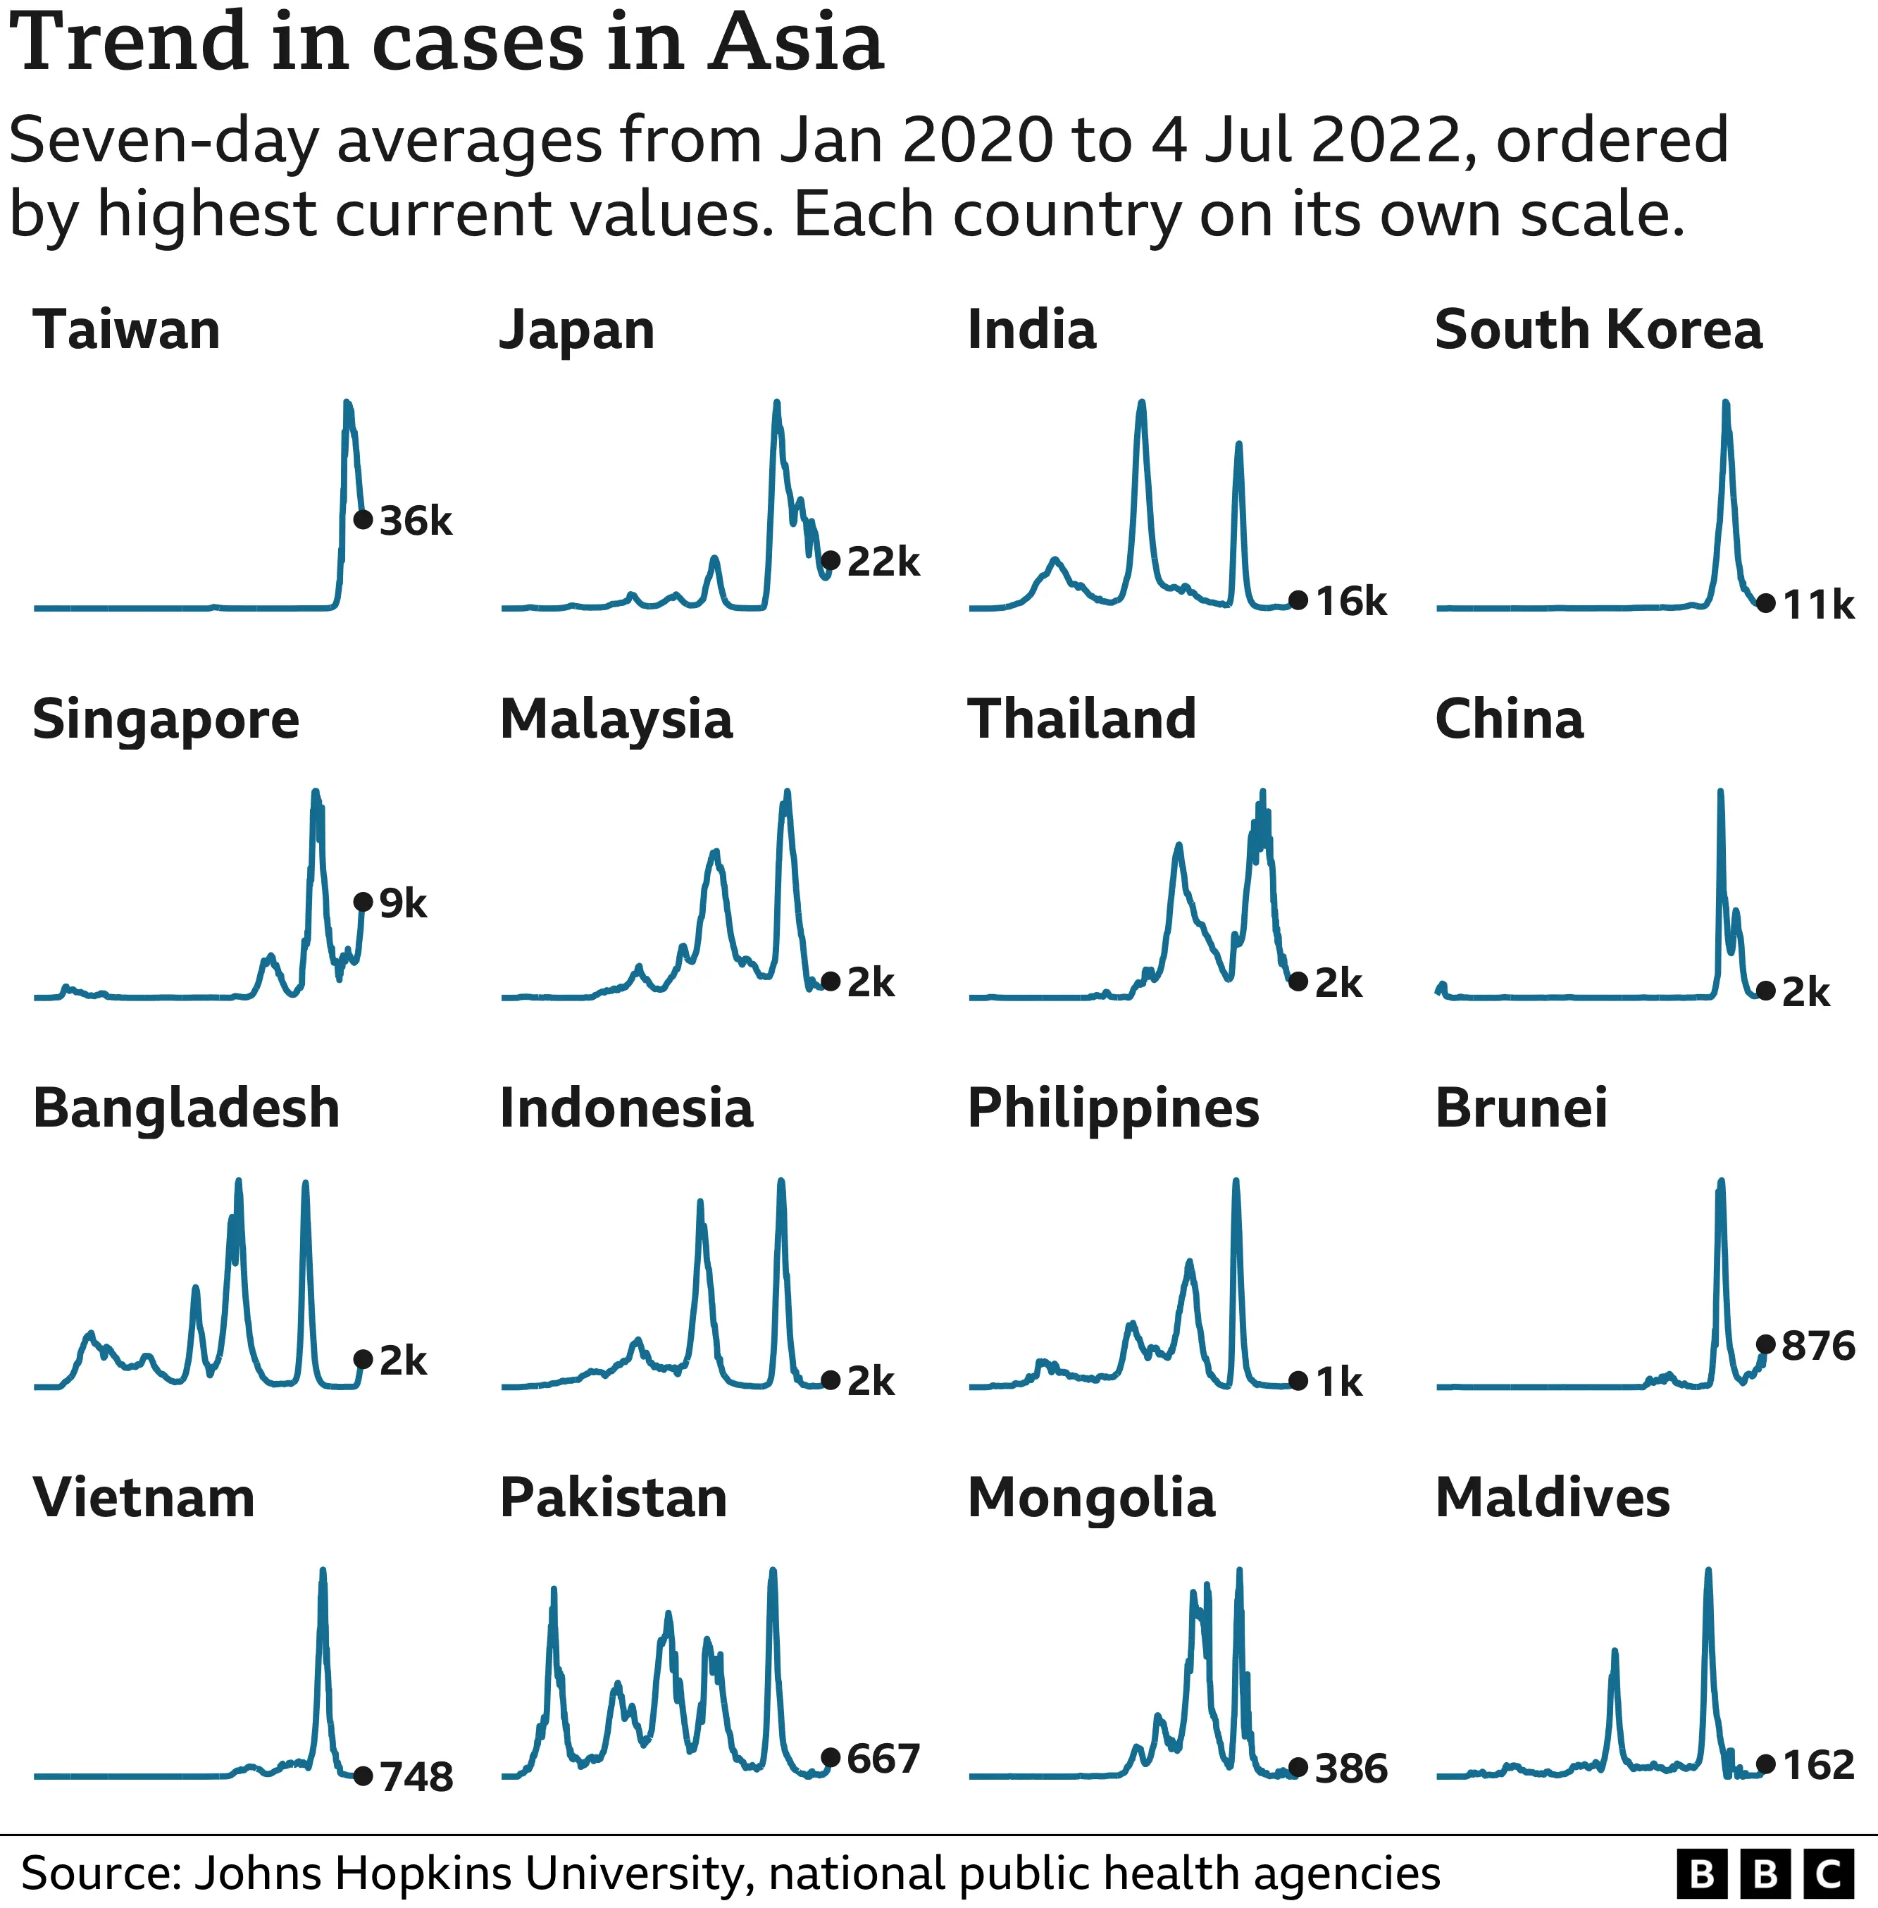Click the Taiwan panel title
pos(126,330)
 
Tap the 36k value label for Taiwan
pos(415,521)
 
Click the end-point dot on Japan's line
pos(831,560)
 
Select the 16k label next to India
pos(1350,601)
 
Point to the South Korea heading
pos(1598,330)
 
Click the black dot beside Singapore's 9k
pos(363,902)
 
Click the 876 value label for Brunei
pos(1818,1346)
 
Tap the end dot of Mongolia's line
pos(1298,1767)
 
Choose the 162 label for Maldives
pos(1818,1765)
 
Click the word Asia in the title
pos(796,44)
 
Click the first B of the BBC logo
pos(1701,1873)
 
